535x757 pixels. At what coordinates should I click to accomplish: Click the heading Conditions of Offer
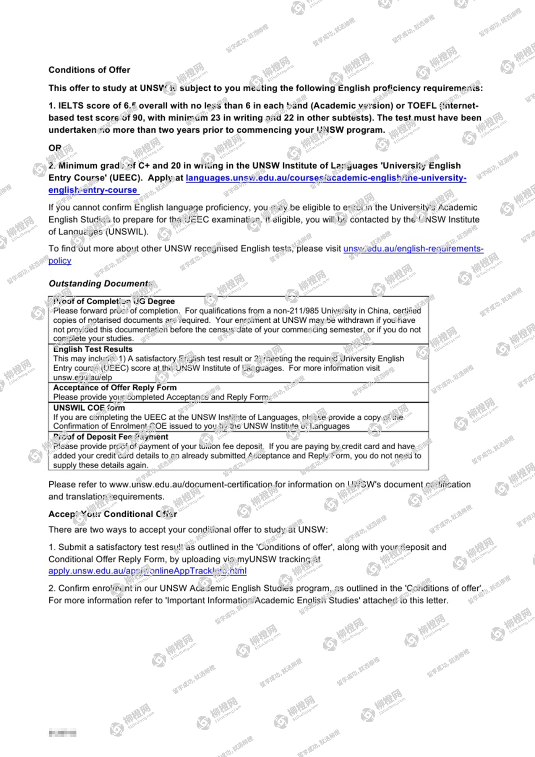click(89, 70)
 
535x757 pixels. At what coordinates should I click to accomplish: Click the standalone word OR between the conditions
click(55, 148)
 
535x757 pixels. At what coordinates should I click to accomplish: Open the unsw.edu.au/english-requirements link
click(413, 249)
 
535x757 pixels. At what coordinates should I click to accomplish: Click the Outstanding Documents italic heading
click(101, 284)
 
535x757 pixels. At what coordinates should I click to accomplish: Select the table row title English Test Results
click(93, 349)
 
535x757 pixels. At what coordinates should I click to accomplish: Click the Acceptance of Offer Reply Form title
click(115, 388)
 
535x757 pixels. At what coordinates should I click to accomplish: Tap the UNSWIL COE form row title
click(89, 408)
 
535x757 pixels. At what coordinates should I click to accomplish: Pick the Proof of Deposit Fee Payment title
click(110, 437)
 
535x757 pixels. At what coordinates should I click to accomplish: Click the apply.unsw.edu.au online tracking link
click(147, 571)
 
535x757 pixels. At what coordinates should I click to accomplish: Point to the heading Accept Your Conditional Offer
click(113, 514)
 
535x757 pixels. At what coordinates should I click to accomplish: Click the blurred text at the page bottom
click(63, 733)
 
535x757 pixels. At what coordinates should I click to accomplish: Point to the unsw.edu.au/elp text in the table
click(83, 377)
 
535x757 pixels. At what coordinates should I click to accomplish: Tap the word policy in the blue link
click(60, 261)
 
